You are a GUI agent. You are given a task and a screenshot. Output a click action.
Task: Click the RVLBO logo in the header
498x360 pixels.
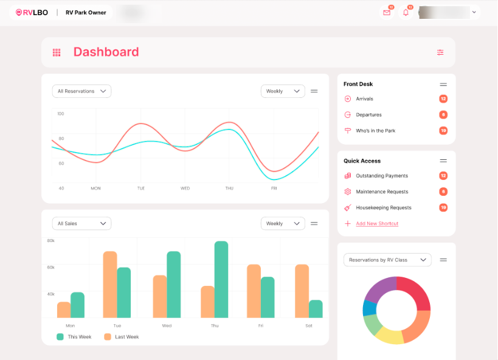32,12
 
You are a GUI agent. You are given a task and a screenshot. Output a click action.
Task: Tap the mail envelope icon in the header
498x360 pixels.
387,12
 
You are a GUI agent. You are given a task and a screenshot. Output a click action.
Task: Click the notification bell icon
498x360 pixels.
406,12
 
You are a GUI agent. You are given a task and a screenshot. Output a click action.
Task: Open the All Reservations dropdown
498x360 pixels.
81,91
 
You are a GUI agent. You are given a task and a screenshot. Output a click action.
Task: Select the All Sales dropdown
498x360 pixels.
81,224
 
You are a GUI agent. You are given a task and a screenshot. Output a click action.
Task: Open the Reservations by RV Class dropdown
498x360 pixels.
387,260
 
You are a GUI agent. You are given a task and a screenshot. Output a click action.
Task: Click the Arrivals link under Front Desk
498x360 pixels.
364,99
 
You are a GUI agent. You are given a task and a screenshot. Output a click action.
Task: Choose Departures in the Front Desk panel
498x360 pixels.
368,114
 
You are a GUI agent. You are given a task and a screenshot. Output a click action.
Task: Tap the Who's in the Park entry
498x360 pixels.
375,131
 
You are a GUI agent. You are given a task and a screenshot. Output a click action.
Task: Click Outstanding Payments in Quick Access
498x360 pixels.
382,176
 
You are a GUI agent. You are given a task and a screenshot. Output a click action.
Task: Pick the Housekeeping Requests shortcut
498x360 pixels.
384,207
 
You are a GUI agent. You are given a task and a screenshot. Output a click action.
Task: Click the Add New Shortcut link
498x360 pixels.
377,224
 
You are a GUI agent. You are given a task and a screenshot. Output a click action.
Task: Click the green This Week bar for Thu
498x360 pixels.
221,280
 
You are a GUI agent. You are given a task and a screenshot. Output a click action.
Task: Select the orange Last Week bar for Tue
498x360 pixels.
110,284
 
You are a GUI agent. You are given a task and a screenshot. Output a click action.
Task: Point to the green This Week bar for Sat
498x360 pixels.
316,309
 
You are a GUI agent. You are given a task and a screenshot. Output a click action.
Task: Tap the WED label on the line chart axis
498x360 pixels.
185,189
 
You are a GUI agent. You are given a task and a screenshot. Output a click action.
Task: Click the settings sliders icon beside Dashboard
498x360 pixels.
440,52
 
